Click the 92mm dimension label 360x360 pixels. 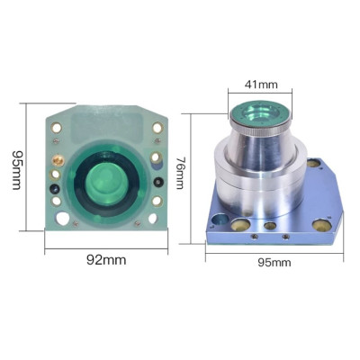click(x=106, y=260)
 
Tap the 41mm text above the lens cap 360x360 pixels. click(x=261, y=85)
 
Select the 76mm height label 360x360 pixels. click(x=180, y=174)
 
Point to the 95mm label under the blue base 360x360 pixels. click(x=274, y=263)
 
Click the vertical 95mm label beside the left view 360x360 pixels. click(x=17, y=170)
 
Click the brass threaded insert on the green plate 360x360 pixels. click(x=58, y=161)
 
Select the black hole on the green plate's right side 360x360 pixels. click(x=158, y=182)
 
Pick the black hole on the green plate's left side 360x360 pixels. click(x=55, y=189)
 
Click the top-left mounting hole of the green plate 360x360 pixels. click(x=56, y=128)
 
